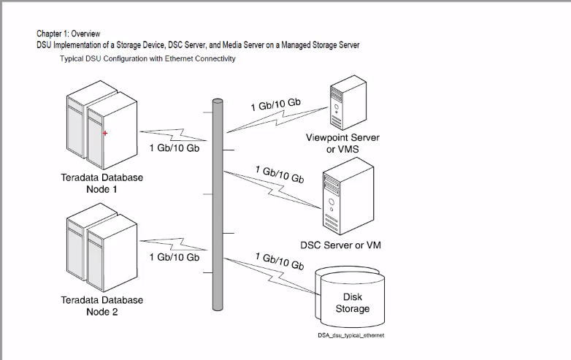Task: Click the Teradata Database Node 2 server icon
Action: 101,252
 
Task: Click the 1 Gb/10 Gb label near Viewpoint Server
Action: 275,104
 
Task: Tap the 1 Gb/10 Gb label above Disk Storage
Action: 280,261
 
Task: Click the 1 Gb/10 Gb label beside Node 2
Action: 174,257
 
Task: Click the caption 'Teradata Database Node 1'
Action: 101,183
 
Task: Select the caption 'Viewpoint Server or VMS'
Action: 342,143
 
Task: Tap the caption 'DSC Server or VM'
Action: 340,245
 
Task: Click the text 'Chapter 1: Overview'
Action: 69,34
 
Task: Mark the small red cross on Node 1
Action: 105,133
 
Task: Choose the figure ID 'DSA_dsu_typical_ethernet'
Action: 350,334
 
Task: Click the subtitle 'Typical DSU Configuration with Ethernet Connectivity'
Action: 147,58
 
